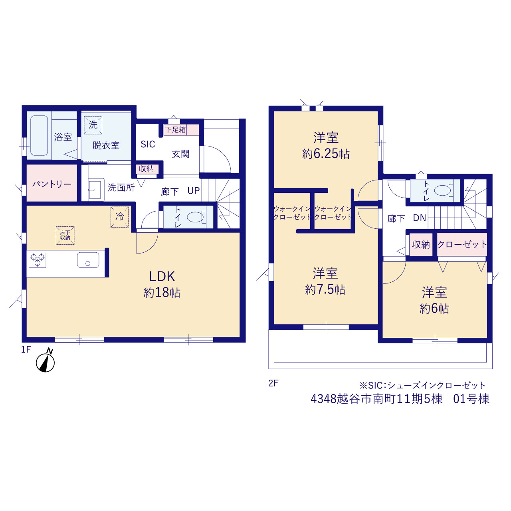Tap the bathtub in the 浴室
pyautogui.click(x=39, y=135)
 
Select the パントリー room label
pyautogui.click(x=52, y=184)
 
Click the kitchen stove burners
pyautogui.click(x=38, y=260)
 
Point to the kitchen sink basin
pyautogui.click(x=88, y=260)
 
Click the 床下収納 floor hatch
pyautogui.click(x=65, y=236)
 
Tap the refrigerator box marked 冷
pyautogui.click(x=120, y=217)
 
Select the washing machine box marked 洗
pyautogui.click(x=93, y=125)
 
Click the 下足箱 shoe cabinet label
pyautogui.click(x=175, y=130)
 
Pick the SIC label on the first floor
pyautogui.click(x=148, y=144)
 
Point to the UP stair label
pyautogui.click(x=193, y=190)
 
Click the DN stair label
pyautogui.click(x=420, y=218)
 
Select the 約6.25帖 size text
pyautogui.click(x=326, y=154)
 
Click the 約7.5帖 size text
pyautogui.click(x=325, y=290)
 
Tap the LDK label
pyautogui.click(x=162, y=277)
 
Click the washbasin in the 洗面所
pyautogui.click(x=95, y=190)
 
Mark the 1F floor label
pyautogui.click(x=26, y=349)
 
